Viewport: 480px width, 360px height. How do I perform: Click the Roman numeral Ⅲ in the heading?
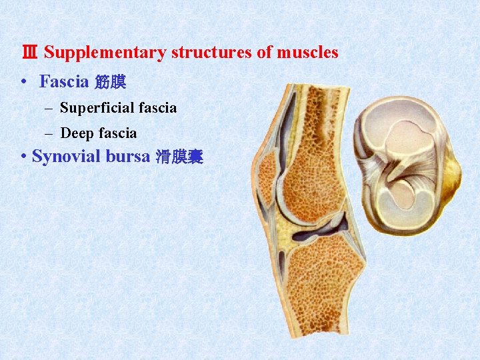click(30, 53)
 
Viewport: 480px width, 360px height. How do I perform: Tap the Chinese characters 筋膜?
click(110, 83)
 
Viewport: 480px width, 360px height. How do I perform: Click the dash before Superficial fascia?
click(50, 108)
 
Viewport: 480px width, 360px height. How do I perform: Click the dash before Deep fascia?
click(50, 133)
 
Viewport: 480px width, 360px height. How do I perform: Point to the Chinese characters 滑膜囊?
click(179, 158)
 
